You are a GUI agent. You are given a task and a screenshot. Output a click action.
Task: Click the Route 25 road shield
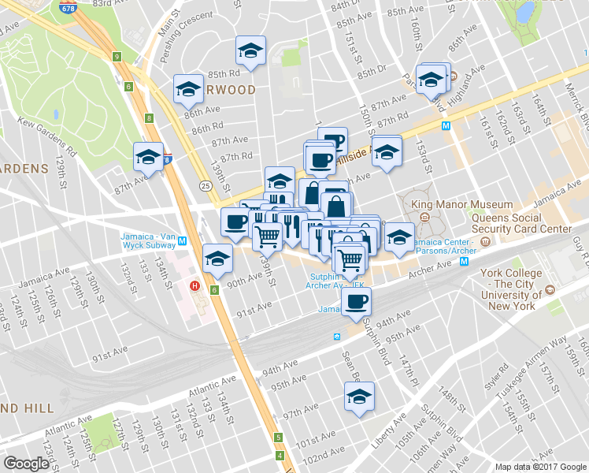click(x=204, y=185)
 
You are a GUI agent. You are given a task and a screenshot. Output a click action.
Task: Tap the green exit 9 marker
click(x=117, y=57)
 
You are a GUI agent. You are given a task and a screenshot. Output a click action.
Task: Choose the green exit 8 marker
click(x=148, y=118)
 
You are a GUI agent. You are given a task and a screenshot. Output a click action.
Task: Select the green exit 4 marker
click(x=280, y=456)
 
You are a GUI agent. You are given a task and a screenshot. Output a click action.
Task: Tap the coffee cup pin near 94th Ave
click(x=357, y=301)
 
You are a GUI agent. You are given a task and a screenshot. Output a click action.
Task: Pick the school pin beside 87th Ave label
click(x=147, y=156)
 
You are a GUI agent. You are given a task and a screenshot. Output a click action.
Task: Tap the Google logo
click(x=27, y=464)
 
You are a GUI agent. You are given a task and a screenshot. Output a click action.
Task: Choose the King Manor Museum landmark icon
click(x=424, y=217)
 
